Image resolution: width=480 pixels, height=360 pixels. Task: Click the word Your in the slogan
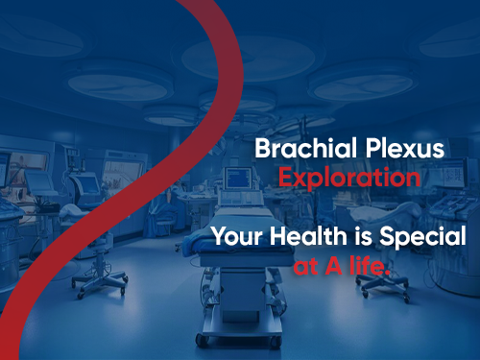tap(235, 236)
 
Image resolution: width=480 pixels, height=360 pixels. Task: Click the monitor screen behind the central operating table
tap(237, 179)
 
